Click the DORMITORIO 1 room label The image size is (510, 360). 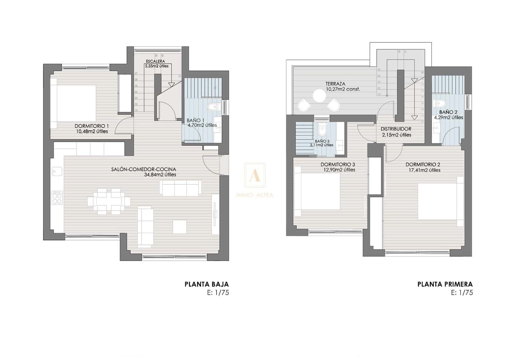[92, 126]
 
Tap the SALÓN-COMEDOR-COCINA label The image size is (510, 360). [143, 169]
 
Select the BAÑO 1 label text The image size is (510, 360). [195, 120]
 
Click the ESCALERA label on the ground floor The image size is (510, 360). [155, 61]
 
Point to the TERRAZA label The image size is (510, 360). [335, 84]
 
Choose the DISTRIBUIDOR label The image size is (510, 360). [396, 129]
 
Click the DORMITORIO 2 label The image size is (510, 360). [423, 164]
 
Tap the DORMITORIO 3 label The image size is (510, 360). [338, 164]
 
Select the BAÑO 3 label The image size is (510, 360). [322, 141]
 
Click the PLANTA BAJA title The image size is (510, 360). [207, 284]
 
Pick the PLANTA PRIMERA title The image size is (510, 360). [445, 284]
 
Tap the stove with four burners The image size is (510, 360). [57, 198]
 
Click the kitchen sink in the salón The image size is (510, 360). [57, 172]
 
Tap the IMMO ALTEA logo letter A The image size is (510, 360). [254, 175]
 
